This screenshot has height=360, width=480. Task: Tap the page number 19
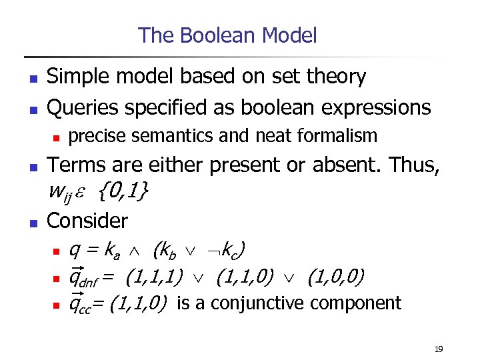[439, 349]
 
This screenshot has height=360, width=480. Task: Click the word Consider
[87, 220]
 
